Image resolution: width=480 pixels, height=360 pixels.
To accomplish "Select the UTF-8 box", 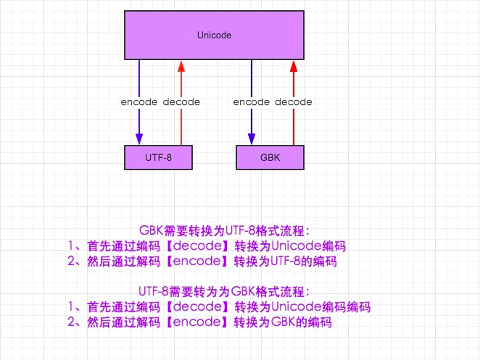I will (157, 156).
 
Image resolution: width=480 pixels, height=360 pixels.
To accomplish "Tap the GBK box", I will (270, 156).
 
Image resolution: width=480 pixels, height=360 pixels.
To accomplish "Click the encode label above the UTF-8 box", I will (138, 102).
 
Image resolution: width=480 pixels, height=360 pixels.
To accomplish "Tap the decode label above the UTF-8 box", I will (181, 102).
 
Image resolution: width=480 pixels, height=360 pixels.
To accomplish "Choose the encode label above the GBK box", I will (252, 102).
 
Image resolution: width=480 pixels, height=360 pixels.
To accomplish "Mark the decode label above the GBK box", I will (294, 102).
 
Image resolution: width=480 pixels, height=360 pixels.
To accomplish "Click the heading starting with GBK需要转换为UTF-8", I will (225, 231).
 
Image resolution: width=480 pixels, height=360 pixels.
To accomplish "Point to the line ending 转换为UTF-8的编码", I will (202, 261).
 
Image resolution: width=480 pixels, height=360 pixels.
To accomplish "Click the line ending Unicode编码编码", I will (218, 307).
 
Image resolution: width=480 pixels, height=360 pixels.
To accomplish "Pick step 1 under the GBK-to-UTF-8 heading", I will (207, 246).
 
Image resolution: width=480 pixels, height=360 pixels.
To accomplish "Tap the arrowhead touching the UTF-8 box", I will (138, 141).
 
